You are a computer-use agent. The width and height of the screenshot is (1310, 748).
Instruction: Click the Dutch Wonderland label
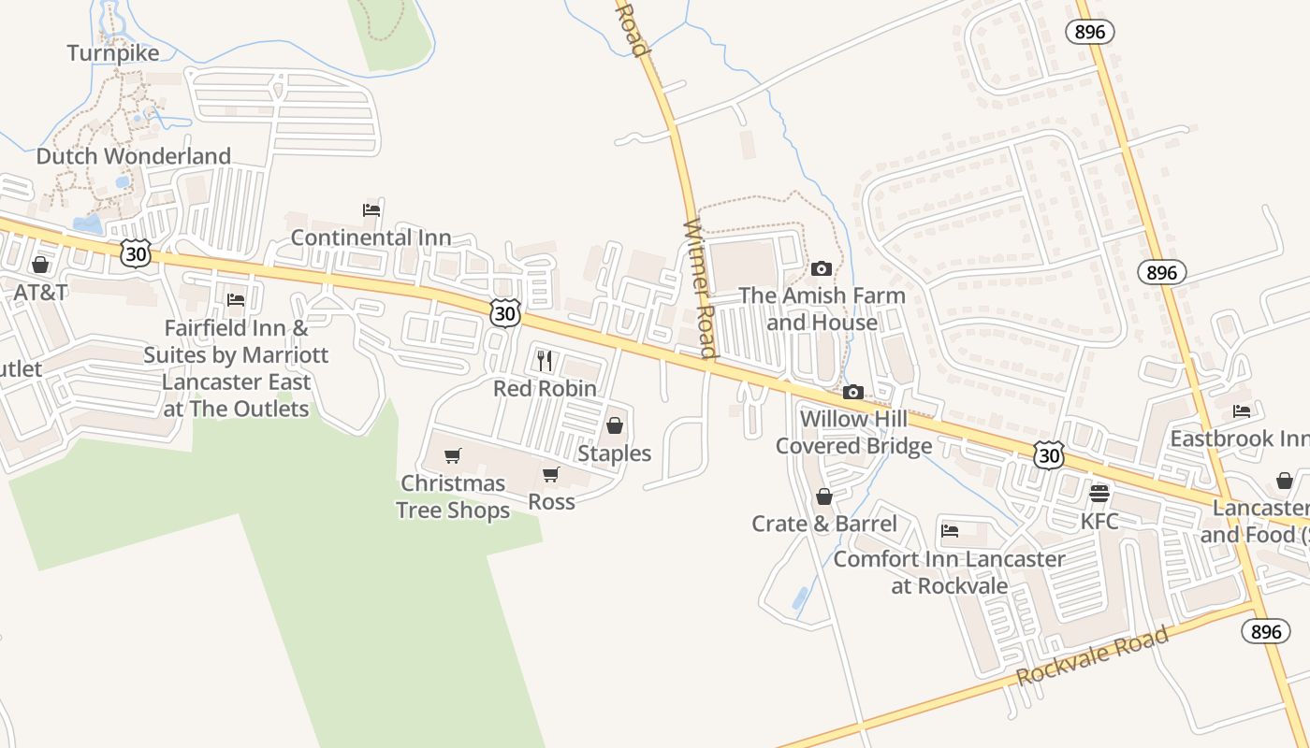pyautogui.click(x=133, y=156)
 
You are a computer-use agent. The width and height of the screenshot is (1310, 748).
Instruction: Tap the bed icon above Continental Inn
pyautogui.click(x=371, y=210)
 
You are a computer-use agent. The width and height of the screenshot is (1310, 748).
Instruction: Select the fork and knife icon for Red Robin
pyautogui.click(x=545, y=360)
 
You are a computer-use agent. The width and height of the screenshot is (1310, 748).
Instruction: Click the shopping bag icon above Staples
pyautogui.click(x=615, y=426)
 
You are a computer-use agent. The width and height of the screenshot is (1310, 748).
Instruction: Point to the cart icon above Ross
pyautogui.click(x=551, y=475)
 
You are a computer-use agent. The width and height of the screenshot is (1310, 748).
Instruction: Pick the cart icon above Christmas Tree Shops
pyautogui.click(x=453, y=456)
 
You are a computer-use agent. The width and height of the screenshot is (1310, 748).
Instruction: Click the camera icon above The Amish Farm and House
pyautogui.click(x=822, y=269)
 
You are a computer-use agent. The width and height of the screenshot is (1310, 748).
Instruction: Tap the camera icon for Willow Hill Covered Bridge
pyautogui.click(x=853, y=393)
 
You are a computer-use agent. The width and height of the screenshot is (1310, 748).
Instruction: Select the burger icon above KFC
pyautogui.click(x=1099, y=493)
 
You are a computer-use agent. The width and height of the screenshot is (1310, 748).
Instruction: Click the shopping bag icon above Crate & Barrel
pyautogui.click(x=824, y=496)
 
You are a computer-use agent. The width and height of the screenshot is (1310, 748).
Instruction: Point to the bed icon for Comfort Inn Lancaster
pyautogui.click(x=950, y=532)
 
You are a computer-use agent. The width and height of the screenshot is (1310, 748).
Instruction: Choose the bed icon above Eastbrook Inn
pyautogui.click(x=1242, y=411)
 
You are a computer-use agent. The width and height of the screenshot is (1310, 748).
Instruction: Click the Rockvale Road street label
pyautogui.click(x=1092, y=655)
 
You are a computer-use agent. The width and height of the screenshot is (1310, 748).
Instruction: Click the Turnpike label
pyautogui.click(x=113, y=53)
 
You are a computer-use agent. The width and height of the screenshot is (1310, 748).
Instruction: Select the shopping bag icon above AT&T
pyautogui.click(x=40, y=266)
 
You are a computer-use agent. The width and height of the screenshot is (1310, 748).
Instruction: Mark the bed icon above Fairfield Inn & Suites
pyautogui.click(x=236, y=300)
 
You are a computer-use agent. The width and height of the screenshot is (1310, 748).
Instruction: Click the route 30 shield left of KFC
pyautogui.click(x=1049, y=455)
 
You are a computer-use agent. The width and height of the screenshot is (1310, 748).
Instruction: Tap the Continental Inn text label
pyautogui.click(x=371, y=237)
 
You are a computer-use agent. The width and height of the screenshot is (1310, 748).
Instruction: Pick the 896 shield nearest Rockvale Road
pyautogui.click(x=1265, y=631)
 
